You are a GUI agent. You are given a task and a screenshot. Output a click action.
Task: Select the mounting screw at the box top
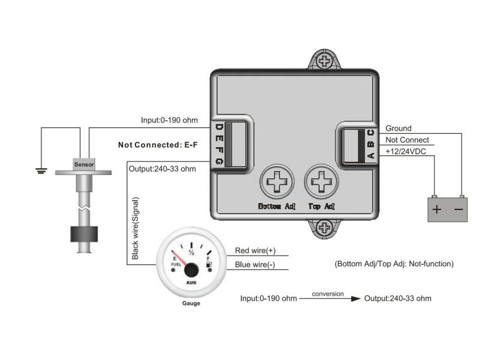(x=325, y=61)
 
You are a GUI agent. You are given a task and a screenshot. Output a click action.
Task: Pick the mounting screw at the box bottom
(x=325, y=227)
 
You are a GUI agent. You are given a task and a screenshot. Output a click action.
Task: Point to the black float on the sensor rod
(x=84, y=235)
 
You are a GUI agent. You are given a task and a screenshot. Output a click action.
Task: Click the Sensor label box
(x=84, y=164)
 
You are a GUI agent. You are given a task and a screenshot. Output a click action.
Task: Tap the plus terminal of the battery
(x=437, y=210)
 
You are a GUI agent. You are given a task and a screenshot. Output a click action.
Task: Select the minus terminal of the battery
(x=458, y=210)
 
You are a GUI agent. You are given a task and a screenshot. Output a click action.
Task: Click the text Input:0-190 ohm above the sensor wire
(x=169, y=120)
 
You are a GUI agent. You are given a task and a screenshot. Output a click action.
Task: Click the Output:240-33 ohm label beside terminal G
(x=162, y=169)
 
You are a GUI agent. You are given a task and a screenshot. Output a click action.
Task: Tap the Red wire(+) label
(x=255, y=251)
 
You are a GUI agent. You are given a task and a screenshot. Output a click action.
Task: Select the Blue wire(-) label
(x=255, y=265)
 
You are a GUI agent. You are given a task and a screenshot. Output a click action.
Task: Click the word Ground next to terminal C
(x=398, y=128)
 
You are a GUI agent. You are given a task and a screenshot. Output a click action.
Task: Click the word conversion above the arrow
(x=328, y=294)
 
